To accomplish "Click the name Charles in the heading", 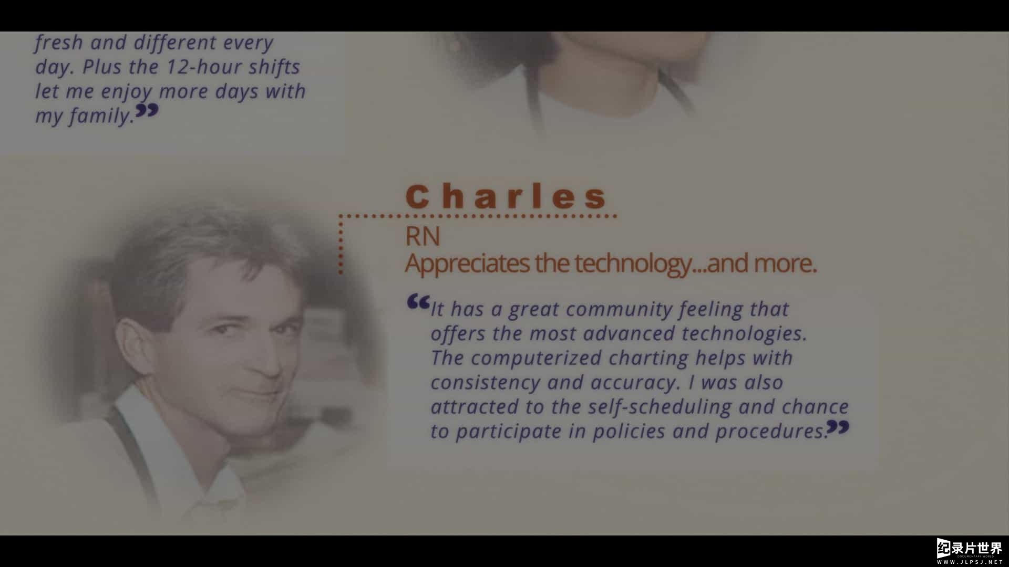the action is pyautogui.click(x=506, y=196).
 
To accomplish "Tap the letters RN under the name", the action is pyautogui.click(x=423, y=236).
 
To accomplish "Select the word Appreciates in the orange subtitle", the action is pyautogui.click(x=467, y=264).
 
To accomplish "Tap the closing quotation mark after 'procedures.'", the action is pyautogui.click(x=838, y=427).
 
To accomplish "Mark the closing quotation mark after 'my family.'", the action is pyautogui.click(x=147, y=110).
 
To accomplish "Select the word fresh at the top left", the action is pyautogui.click(x=59, y=42).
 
